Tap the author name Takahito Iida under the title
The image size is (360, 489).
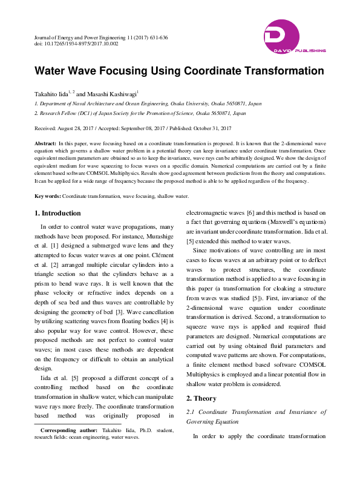pos(52,95)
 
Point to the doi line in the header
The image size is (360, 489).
pos(76,44)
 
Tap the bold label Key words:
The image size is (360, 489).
pos(47,196)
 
